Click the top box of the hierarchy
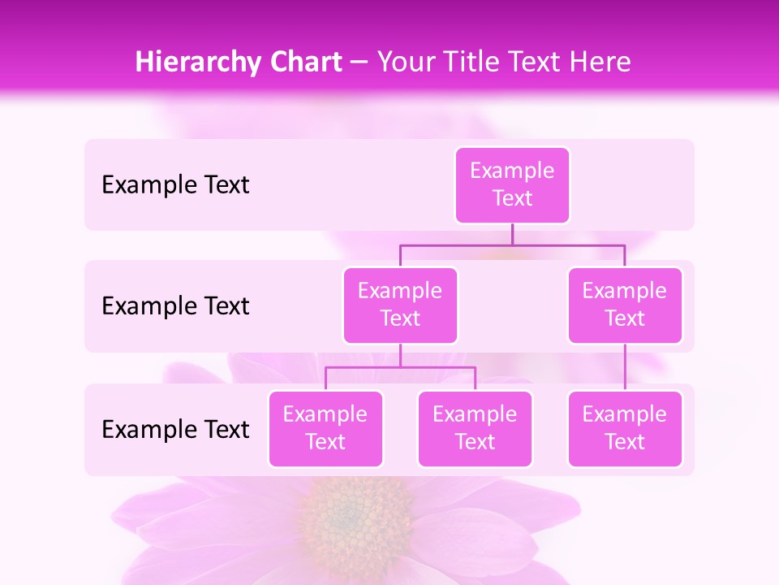click(x=512, y=185)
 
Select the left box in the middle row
click(x=400, y=305)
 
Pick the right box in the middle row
click(x=625, y=305)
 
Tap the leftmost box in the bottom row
click(x=325, y=429)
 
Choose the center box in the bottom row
click(x=475, y=429)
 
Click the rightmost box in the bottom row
click(x=625, y=429)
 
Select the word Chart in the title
click(x=304, y=63)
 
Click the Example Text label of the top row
click(x=175, y=185)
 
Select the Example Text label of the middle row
click(x=175, y=306)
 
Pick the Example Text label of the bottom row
click(x=175, y=429)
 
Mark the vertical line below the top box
click(x=512, y=234)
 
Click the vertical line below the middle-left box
click(x=400, y=355)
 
